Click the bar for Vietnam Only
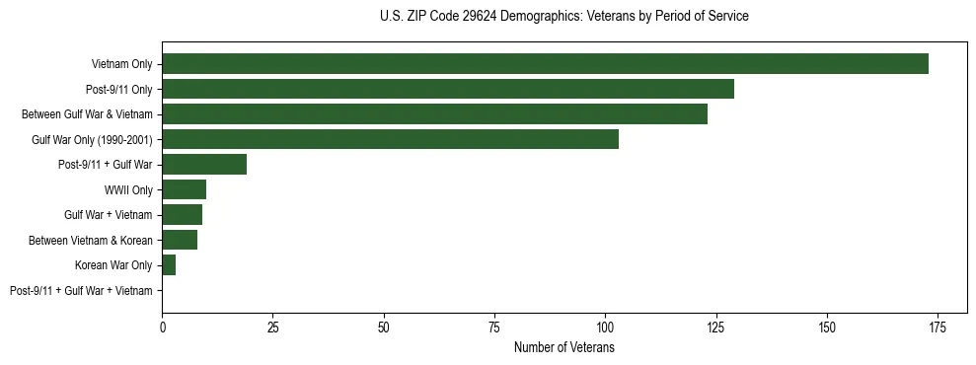545,64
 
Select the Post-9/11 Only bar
448,89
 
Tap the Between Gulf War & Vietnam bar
434,114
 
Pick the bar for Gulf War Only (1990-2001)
390,139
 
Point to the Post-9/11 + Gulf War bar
204,165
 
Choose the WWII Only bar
185,189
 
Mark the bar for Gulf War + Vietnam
183,215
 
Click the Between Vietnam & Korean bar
180,240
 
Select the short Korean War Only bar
169,265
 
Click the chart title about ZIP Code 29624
563,17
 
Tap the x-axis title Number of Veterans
563,347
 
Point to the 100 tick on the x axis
605,327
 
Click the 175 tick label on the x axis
938,327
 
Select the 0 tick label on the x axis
162,327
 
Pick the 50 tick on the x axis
384,327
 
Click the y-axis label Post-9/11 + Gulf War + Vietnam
81,290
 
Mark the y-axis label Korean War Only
113,265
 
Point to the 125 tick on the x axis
716,327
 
